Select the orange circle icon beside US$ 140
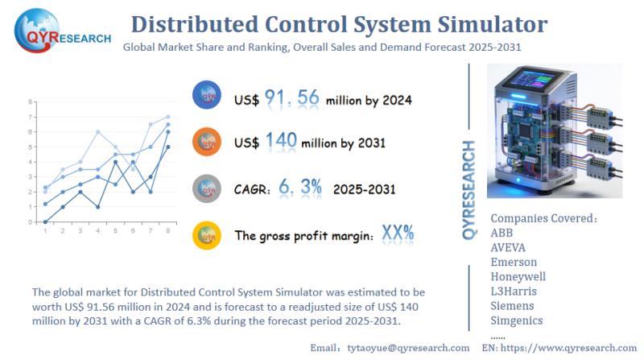[207, 142]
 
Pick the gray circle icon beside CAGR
[207, 188]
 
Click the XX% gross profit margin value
[398, 234]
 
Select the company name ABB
[502, 233]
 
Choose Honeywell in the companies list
[518, 276]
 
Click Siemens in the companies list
[514, 305]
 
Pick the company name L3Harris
[514, 291]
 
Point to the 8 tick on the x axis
[167, 231]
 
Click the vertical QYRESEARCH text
[470, 189]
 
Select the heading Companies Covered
[544, 218]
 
